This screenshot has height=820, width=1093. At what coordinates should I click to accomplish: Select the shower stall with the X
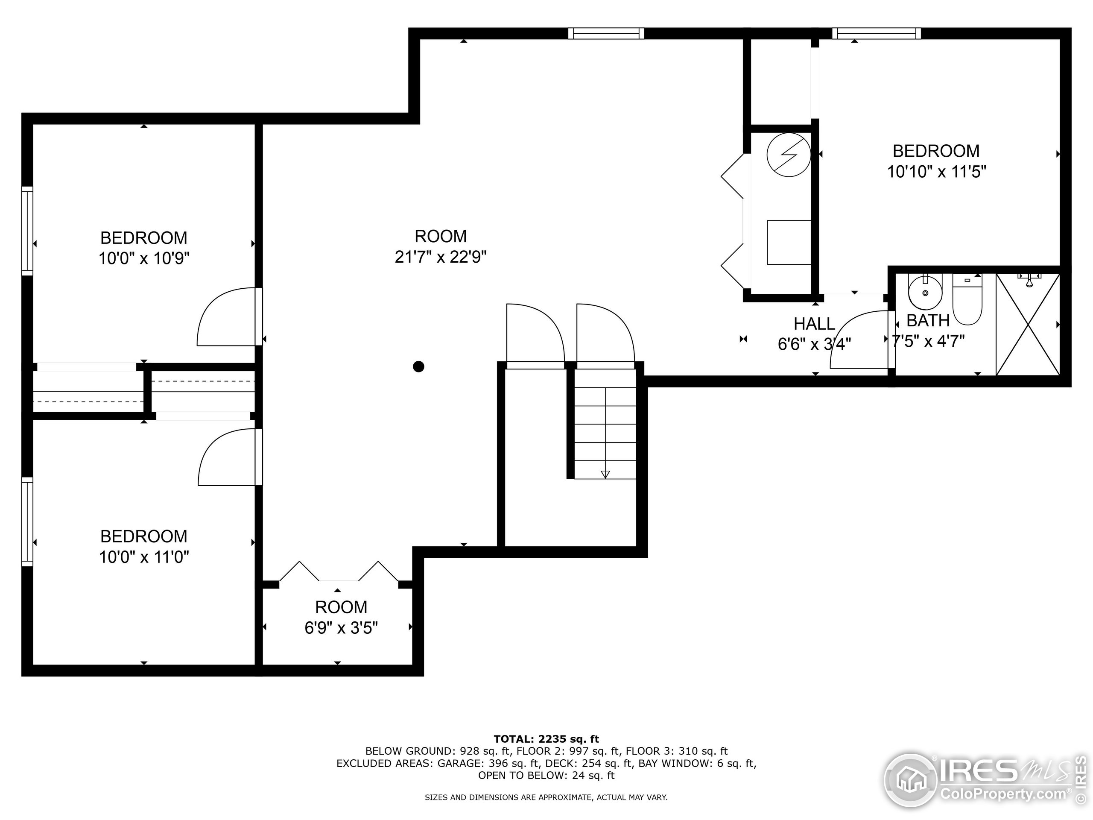1028,325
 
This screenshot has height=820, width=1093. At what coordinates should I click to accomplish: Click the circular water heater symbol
789,155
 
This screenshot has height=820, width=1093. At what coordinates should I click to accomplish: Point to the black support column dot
418,367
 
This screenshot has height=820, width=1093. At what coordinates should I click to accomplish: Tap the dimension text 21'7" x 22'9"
441,257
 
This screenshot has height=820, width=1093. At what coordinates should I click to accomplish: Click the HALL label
814,324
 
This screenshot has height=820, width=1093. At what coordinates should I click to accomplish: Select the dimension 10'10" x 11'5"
936,172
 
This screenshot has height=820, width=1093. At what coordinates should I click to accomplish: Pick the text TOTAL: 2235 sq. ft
546,739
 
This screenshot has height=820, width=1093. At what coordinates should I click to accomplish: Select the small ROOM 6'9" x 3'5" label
341,607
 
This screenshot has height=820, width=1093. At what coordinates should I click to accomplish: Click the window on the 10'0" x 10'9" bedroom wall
27,231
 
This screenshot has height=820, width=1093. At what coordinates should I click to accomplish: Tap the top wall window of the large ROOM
606,33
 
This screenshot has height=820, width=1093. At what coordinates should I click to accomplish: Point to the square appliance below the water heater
789,242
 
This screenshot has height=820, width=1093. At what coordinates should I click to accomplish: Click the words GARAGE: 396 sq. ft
497,763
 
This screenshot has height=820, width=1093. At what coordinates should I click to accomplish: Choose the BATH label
928,320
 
